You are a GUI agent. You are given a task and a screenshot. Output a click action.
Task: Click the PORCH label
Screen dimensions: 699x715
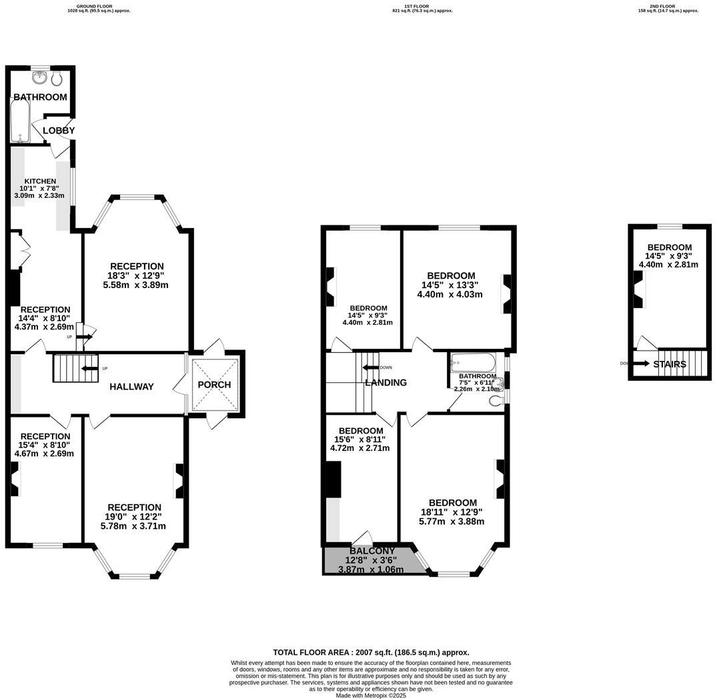pos(215,385)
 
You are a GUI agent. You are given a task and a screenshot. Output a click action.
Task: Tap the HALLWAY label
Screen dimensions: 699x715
pos(131,387)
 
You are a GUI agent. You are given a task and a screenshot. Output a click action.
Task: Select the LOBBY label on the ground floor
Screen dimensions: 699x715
pos(59,131)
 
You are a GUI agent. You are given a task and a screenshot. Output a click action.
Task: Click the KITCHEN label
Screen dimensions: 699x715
pos(40,181)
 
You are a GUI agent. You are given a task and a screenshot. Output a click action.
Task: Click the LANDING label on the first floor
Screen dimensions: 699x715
pos(386,383)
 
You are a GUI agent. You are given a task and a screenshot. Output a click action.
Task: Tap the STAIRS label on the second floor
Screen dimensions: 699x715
pos(670,364)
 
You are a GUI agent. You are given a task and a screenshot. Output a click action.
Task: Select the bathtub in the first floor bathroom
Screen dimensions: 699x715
pos(473,364)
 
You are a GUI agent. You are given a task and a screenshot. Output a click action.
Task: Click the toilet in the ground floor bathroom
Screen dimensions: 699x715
pos(58,79)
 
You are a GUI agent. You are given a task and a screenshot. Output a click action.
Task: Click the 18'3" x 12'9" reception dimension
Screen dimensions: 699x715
pos(137,275)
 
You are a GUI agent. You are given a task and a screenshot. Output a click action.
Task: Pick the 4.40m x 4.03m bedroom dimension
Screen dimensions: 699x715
pos(450,294)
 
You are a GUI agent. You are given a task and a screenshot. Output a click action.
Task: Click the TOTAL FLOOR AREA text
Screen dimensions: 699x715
pos(371,652)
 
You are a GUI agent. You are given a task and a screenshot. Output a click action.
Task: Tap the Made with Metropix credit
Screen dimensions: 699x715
pos(371,695)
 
